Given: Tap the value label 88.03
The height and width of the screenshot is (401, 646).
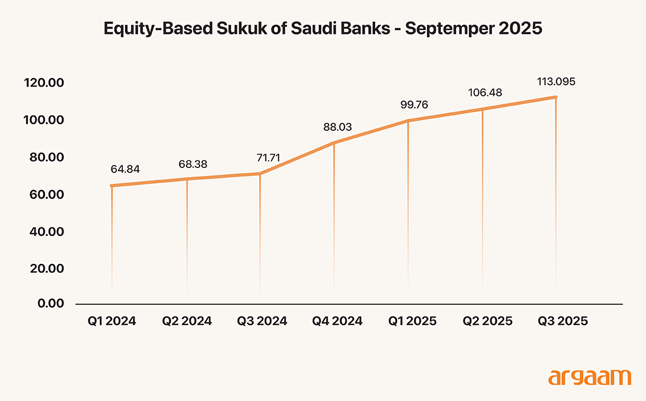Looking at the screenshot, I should click(x=334, y=128).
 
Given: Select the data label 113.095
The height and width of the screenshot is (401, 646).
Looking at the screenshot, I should click(x=556, y=82).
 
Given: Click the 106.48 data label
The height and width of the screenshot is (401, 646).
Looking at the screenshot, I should click(x=482, y=93).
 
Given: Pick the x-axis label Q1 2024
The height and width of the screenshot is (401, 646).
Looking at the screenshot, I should click(x=111, y=321).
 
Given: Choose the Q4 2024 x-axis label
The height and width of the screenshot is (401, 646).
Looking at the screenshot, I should click(x=338, y=321).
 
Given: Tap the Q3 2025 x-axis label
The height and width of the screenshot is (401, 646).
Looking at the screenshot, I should click(x=563, y=321).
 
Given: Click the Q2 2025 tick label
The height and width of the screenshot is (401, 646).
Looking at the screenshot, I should click(x=488, y=321).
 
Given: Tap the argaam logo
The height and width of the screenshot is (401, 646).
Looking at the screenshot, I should click(x=589, y=377).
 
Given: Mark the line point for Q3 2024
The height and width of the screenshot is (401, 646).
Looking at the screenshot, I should click(x=260, y=173).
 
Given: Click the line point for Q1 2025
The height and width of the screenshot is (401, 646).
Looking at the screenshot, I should click(x=408, y=121).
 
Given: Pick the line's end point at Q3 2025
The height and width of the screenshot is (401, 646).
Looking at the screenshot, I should click(x=556, y=97).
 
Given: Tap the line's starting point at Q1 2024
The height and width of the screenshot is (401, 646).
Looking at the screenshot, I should click(x=111, y=186).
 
